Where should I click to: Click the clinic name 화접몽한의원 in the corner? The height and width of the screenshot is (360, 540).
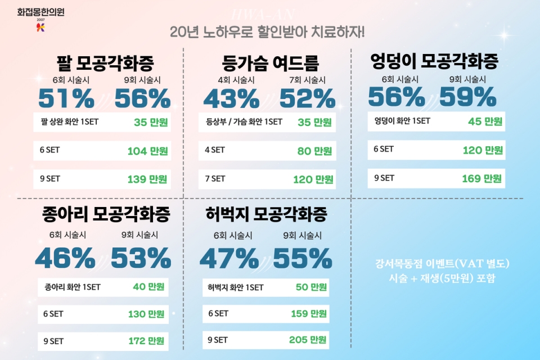(x=40, y=11)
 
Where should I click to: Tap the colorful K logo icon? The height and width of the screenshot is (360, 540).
(x=40, y=26)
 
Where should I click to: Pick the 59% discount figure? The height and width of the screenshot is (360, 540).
(x=468, y=97)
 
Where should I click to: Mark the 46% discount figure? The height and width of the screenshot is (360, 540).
(x=65, y=258)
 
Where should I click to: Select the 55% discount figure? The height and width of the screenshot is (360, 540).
(x=303, y=258)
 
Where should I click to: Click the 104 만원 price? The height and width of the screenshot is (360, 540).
(x=147, y=151)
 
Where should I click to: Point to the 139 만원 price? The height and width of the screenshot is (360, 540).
(x=147, y=179)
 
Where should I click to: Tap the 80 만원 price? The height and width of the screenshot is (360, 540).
(x=314, y=151)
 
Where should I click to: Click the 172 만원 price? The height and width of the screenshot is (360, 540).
(x=146, y=341)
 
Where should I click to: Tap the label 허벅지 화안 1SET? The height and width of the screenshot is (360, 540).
(x=235, y=287)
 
